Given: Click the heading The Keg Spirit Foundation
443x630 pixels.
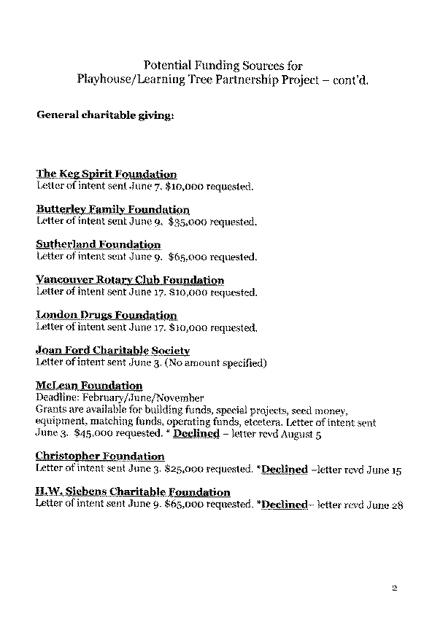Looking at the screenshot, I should (107, 174).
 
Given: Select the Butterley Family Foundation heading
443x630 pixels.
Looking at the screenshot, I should (112, 209).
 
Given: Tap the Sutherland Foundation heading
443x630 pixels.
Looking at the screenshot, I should (98, 244).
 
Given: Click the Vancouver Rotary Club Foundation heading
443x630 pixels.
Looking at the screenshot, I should (130, 280).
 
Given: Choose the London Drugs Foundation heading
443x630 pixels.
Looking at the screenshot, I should (107, 315).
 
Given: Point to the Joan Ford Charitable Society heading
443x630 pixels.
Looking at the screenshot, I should (113, 351).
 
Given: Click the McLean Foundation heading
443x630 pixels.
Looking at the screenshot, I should (89, 386).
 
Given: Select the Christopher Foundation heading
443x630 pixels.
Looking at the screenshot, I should (100, 456).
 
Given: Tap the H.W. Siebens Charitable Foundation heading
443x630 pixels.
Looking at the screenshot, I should (133, 492).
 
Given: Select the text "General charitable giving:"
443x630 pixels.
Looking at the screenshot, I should (105, 115).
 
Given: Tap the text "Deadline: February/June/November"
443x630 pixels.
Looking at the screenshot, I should (120, 398).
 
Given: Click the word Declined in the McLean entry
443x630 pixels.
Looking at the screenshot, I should (196, 433).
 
